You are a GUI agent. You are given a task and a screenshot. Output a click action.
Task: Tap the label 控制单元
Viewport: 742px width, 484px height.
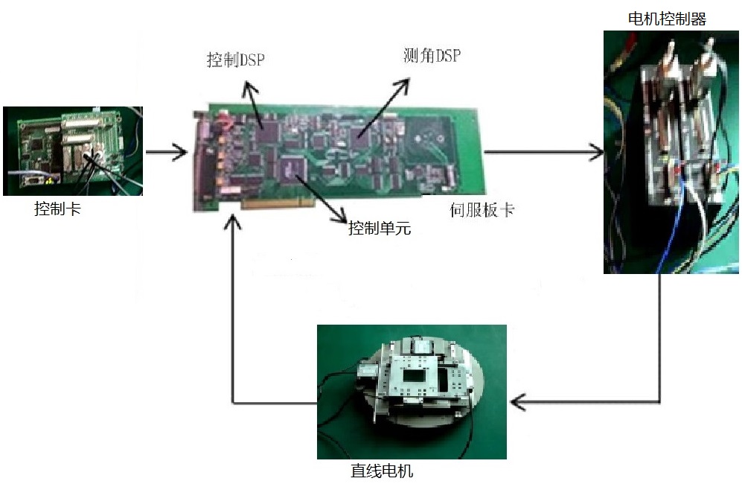(379, 228)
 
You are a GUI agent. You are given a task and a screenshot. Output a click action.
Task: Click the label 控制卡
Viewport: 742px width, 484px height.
(57, 209)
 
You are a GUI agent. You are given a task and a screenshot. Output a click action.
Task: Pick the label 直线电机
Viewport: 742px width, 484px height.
(381, 471)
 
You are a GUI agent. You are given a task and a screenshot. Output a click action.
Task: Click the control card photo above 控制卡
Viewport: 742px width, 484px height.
(72, 151)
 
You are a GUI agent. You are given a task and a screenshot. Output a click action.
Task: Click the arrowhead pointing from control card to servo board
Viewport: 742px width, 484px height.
(180, 154)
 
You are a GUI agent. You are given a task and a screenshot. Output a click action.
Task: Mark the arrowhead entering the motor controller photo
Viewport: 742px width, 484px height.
(597, 153)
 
